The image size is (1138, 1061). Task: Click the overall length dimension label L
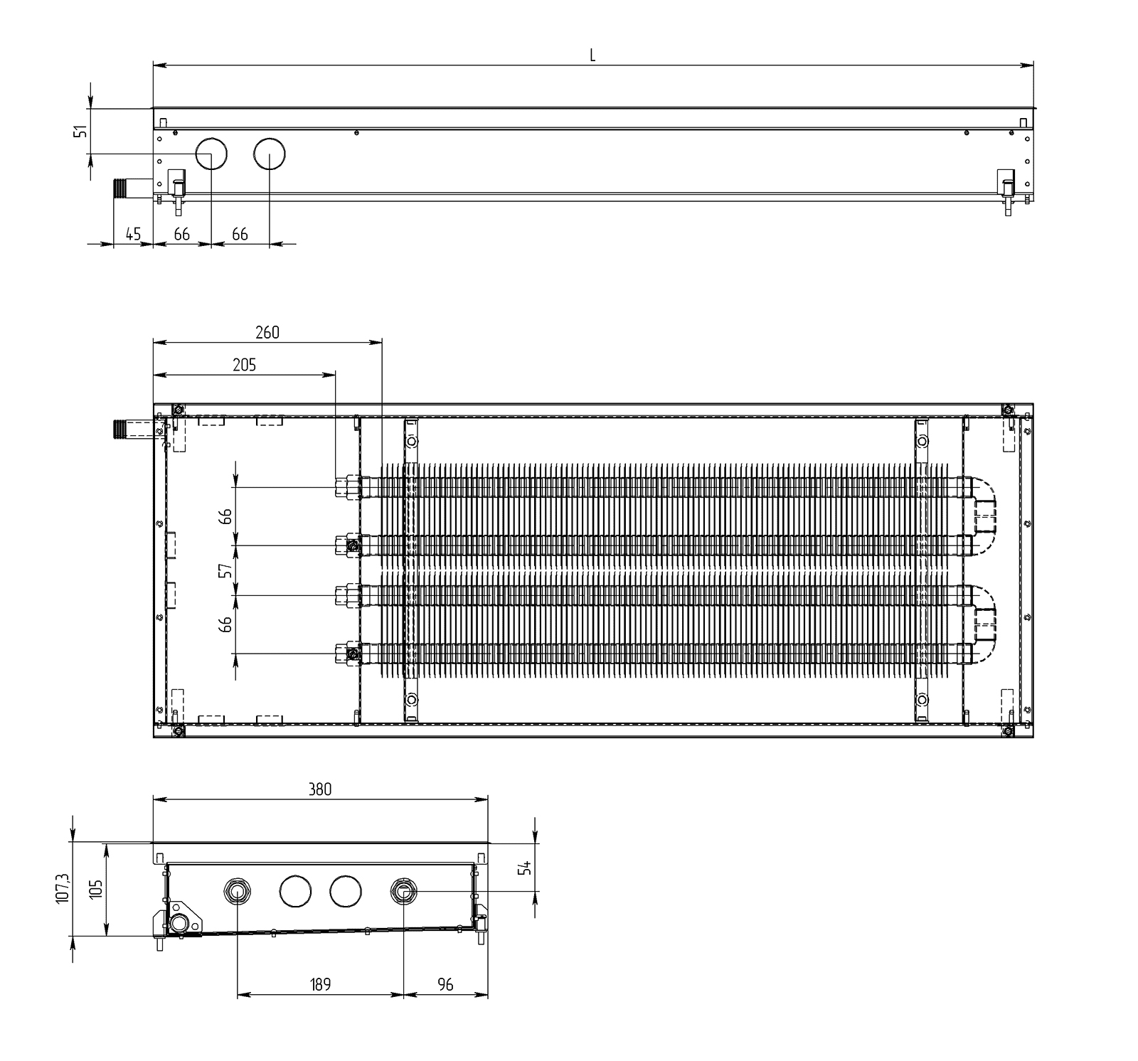pos(592,55)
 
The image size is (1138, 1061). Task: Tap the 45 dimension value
pos(133,234)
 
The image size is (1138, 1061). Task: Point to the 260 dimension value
pos(267,332)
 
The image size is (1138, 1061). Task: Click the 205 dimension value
pos(244,365)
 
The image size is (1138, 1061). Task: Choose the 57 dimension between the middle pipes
pos(225,570)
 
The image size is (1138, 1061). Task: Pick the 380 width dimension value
pos(320,789)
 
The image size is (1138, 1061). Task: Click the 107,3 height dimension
pos(62,889)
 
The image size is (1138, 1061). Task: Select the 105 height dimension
pos(95,889)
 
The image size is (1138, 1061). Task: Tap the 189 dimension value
pos(320,984)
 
